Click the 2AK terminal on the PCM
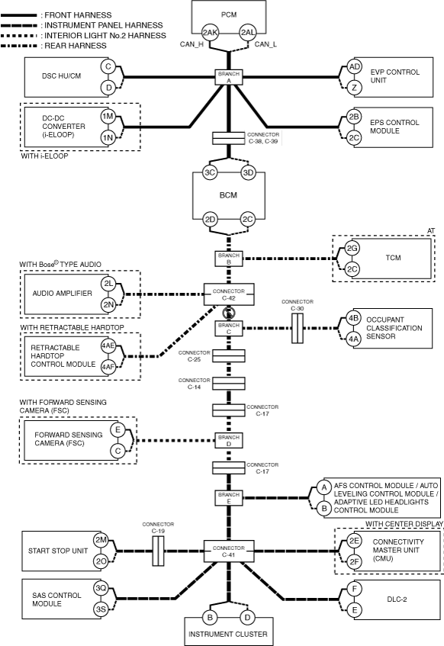click(210, 33)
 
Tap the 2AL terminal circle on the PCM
click(248, 33)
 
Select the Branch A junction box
click(229, 77)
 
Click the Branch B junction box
click(229, 259)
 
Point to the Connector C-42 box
click(229, 294)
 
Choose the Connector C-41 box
click(229, 551)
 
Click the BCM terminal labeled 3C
click(210, 172)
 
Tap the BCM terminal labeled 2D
click(210, 220)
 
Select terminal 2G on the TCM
click(352, 248)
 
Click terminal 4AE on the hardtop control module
click(108, 345)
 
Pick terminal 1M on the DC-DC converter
click(108, 117)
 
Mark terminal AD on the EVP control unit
click(354, 67)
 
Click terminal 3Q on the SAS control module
click(101, 588)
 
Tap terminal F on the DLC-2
click(355, 589)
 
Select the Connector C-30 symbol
click(298, 329)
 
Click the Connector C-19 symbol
click(158, 551)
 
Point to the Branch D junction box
click(229, 440)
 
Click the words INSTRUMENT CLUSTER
click(228, 634)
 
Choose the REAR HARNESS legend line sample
click(19, 46)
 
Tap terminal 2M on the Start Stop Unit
click(101, 540)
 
